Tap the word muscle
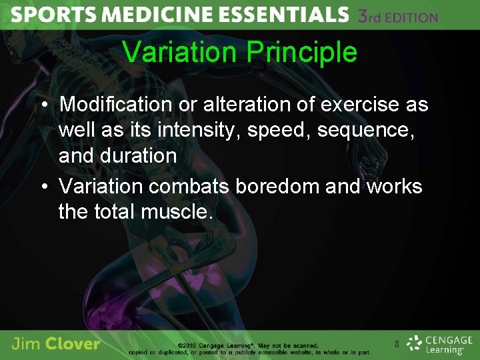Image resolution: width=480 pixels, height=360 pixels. [x=177, y=212]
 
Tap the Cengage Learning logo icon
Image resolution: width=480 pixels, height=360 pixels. [x=415, y=343]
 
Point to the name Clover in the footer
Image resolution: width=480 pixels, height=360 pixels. [x=73, y=344]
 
